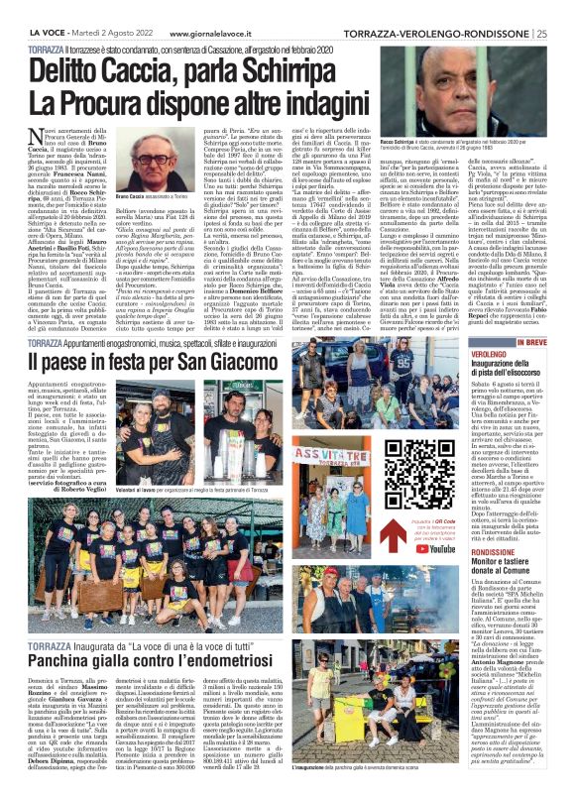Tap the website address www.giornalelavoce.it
point(212,7)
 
